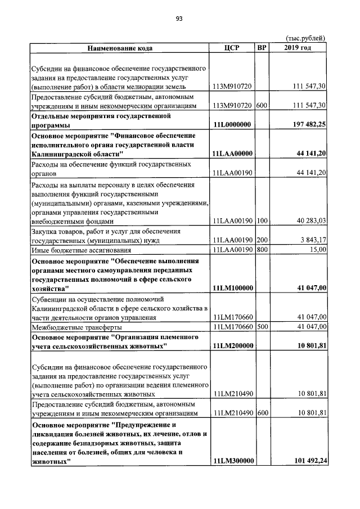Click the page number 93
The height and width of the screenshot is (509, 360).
(179, 19)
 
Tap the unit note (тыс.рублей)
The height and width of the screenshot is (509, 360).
(305, 38)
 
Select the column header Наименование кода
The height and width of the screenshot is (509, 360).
(119, 48)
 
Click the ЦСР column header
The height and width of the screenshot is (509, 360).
(232, 48)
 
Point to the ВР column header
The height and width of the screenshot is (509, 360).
(262, 48)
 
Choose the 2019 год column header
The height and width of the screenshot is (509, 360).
(298, 48)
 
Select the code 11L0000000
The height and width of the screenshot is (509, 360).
(233, 124)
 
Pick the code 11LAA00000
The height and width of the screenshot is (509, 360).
(233, 154)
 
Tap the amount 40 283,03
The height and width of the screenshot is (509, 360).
(309, 220)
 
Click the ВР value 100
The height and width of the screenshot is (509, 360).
(262, 220)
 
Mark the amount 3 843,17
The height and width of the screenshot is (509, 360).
(311, 240)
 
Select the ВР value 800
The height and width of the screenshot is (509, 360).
(262, 250)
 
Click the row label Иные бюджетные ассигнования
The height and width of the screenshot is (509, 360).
(81, 250)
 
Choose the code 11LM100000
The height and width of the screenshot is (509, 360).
(233, 288)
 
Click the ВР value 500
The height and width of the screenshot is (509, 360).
(262, 327)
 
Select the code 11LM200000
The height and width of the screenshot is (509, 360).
(233, 346)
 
